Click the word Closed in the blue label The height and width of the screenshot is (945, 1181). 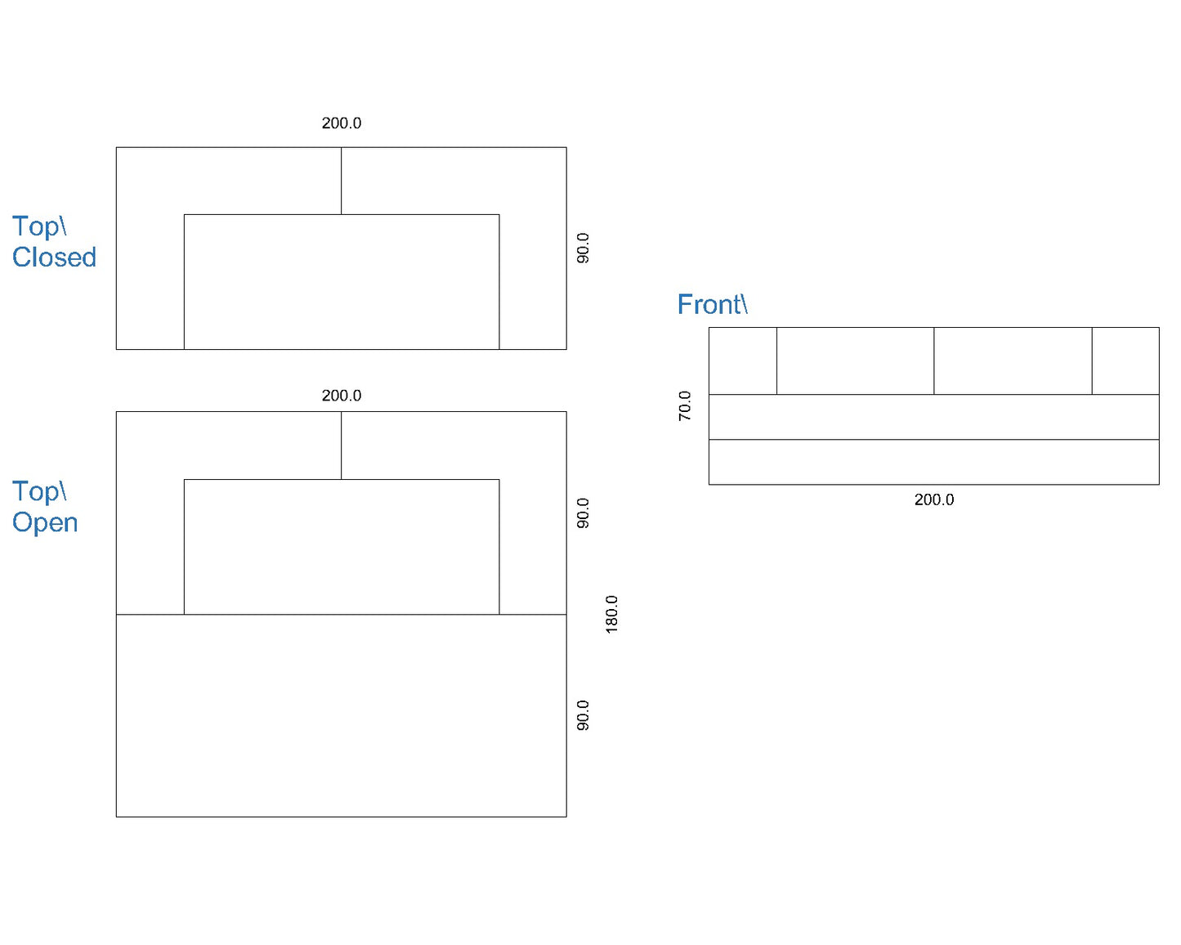point(54,257)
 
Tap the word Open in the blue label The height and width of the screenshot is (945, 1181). point(45,522)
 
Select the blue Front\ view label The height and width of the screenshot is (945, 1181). point(713,304)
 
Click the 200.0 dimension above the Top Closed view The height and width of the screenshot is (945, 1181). point(342,123)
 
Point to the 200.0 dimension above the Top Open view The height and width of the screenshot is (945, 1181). point(342,396)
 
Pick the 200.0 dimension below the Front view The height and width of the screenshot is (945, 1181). point(934,499)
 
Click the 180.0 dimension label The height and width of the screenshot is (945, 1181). point(612,615)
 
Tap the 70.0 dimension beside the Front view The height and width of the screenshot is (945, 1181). point(685,405)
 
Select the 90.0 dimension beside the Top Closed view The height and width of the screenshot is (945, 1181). point(583,249)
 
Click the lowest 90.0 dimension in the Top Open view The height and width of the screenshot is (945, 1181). point(583,715)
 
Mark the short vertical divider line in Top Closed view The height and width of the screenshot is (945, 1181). point(342,181)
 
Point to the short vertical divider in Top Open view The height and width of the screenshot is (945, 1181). point(342,446)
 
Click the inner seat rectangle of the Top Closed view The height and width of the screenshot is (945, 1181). point(342,282)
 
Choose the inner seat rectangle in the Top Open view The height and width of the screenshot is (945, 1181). point(342,547)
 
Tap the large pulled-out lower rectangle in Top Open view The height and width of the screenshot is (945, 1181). point(342,715)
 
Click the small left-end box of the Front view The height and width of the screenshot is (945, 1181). point(743,361)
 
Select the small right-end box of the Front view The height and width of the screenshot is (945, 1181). point(1125,361)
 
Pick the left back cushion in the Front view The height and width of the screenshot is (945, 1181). point(856,361)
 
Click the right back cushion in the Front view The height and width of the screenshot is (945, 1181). point(1013,361)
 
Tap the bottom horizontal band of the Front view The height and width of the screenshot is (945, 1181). point(934,462)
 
